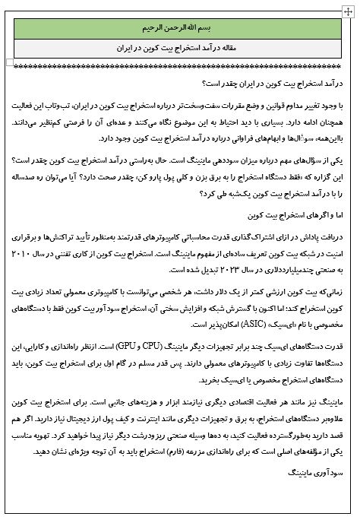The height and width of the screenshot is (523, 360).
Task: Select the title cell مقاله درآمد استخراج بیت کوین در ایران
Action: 181,47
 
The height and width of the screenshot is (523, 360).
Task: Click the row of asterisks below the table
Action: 181,68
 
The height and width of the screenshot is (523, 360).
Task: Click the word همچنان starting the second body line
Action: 333,121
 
